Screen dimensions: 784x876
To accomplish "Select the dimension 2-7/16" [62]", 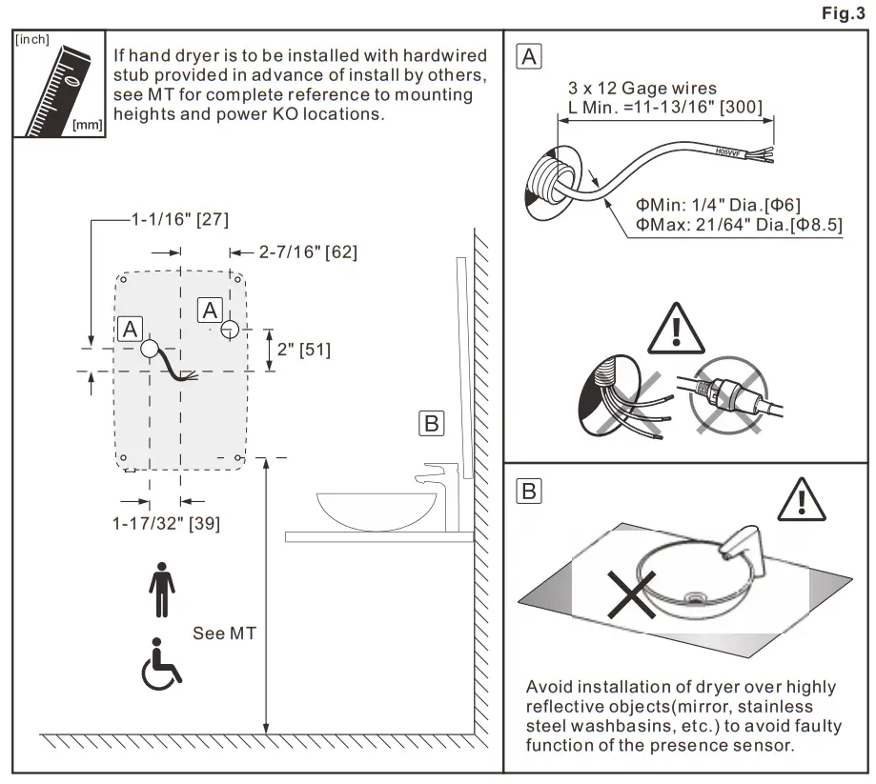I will pos(308,252).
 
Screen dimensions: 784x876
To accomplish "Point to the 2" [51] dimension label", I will pos(305,350).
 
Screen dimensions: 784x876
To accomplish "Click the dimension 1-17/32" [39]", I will pos(166,523).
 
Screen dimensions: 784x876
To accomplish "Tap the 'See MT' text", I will pos(224,633).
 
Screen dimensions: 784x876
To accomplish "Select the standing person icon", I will pos(162,590).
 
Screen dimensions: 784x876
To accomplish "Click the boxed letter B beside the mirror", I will pos(431,423).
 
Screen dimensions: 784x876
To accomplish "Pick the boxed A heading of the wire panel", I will pos(529,56).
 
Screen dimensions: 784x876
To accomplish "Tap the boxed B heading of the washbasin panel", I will pos(529,492).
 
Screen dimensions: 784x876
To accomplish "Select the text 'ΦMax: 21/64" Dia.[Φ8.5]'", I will pos(740,225).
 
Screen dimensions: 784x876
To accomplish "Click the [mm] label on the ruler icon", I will pos(87,125).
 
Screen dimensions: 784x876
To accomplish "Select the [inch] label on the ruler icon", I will pos(32,40).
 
